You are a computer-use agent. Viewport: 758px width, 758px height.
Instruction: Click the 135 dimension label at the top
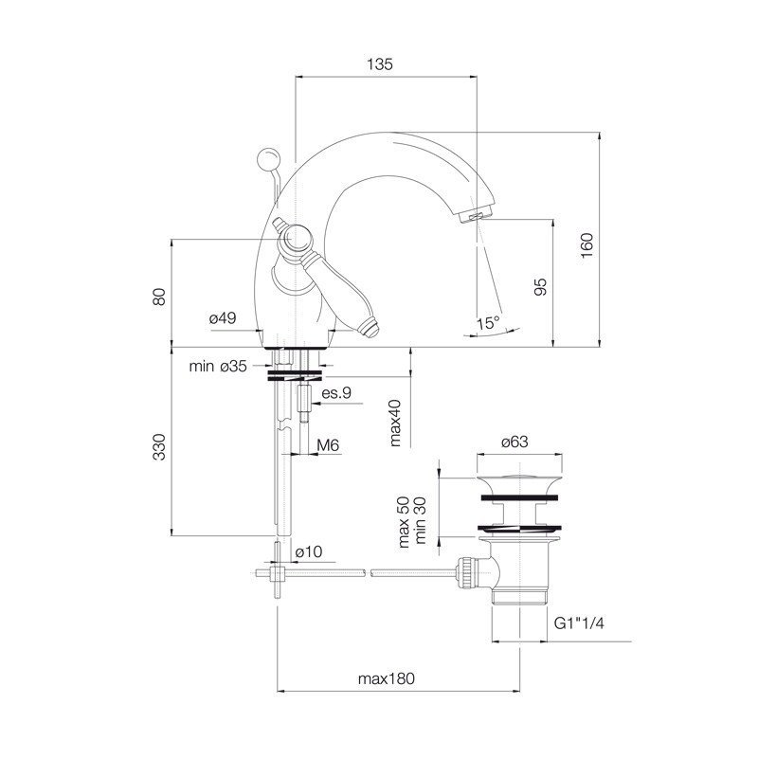(380, 64)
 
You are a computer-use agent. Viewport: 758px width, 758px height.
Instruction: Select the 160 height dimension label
(586, 245)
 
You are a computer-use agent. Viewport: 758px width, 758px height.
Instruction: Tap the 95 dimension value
(540, 287)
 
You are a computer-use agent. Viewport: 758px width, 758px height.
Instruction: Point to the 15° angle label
(488, 323)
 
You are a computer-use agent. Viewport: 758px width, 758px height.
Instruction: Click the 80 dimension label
(159, 297)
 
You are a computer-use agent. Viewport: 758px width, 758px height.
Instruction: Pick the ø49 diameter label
(223, 318)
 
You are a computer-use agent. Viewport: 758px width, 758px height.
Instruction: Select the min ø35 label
(218, 366)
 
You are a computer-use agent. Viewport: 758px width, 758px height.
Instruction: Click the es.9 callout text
(336, 393)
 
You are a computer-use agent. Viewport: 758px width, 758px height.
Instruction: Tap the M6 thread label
(328, 444)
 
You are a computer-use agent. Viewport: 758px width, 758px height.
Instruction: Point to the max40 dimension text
(395, 423)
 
